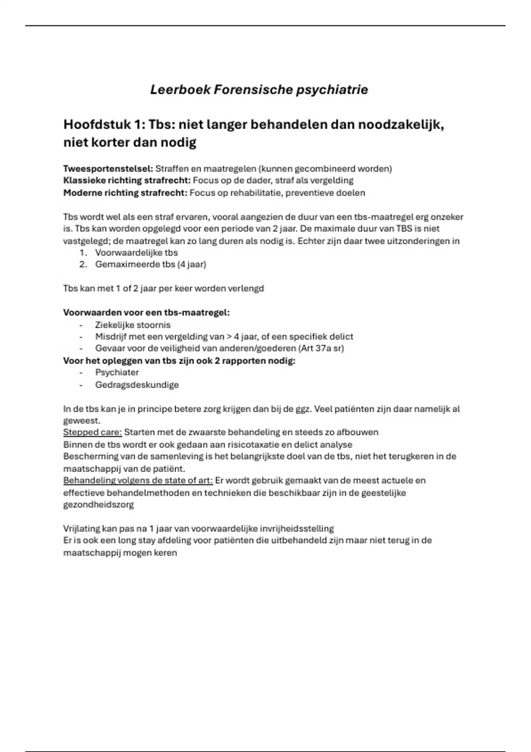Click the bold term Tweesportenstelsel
tap(108, 169)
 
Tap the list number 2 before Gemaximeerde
tap(83, 265)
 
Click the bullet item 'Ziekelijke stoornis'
tap(133, 325)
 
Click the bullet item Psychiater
tap(117, 372)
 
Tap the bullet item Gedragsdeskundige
tap(137, 385)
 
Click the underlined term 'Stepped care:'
tap(92, 432)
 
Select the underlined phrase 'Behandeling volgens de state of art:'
tap(138, 480)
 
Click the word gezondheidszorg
tap(98, 504)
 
